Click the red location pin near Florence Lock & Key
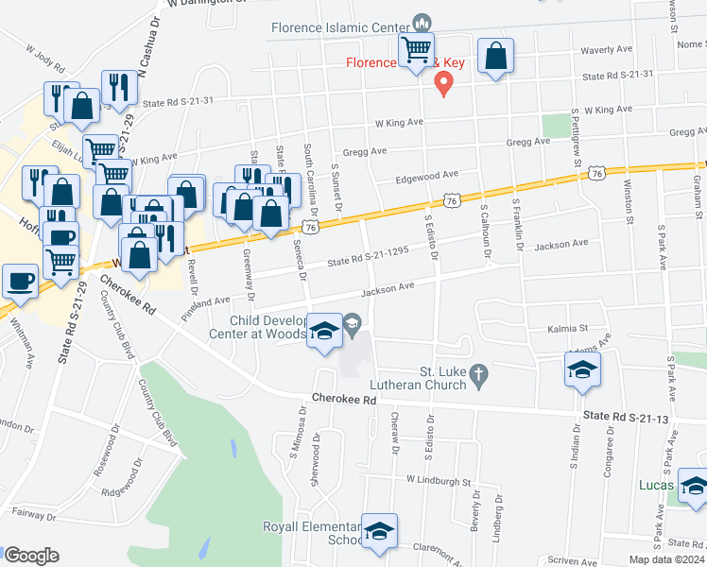(x=441, y=84)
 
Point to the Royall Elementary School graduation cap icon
(x=379, y=531)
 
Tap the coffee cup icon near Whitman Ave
(x=20, y=280)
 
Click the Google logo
(x=31, y=556)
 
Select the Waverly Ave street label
(x=606, y=49)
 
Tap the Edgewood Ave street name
(x=427, y=175)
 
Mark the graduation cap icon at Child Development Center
(x=324, y=332)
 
